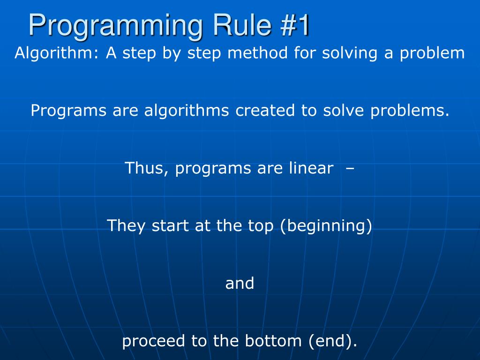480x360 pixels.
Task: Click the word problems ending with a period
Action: coord(410,111)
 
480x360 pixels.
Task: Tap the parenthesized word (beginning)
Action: coord(326,226)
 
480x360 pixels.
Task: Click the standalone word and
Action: coord(240,284)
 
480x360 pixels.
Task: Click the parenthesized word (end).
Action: coord(332,341)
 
